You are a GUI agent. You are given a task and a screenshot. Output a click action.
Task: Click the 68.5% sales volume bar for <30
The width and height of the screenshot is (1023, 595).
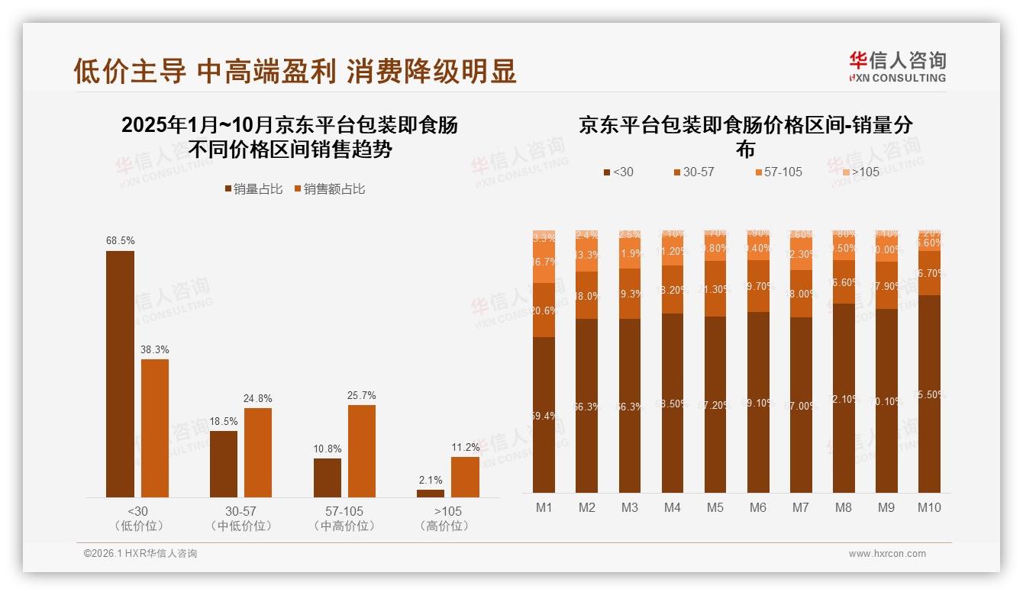pos(120,374)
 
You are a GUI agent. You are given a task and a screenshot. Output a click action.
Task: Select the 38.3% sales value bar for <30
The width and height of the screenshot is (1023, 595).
pos(155,428)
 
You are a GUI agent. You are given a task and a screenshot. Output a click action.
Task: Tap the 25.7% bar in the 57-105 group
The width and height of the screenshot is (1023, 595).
pos(362,451)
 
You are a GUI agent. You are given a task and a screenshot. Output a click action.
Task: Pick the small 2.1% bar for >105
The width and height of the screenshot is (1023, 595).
pos(431,493)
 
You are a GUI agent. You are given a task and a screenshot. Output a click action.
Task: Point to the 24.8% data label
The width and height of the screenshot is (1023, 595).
pos(258,398)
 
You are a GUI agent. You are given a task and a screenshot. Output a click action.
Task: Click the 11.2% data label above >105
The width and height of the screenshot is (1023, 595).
pos(465,447)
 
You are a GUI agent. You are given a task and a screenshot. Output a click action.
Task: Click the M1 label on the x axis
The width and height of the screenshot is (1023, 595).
pos(544,507)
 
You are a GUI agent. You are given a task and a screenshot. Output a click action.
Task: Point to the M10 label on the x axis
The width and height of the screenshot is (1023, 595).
pos(929,507)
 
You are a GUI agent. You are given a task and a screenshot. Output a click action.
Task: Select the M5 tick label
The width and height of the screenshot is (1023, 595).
pos(715,507)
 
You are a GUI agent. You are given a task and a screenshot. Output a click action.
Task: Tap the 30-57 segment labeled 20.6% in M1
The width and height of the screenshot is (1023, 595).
pos(544,310)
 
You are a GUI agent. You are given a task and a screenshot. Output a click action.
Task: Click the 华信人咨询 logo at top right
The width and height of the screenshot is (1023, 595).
pos(897,66)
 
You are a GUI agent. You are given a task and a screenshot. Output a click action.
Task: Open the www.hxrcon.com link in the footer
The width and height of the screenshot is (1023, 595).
pos(887,554)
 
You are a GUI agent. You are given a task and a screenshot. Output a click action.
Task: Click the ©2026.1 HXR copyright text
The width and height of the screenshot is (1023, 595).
pos(140,554)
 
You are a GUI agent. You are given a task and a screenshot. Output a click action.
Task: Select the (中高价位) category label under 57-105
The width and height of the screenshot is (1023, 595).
pos(344,526)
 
